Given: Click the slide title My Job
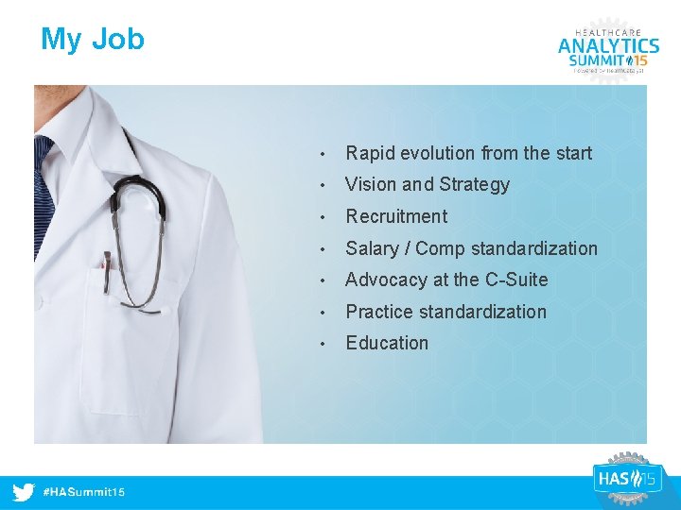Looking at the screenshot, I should [93, 40].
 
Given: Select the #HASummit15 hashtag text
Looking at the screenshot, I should [84, 493].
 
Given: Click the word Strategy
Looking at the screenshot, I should [473, 185].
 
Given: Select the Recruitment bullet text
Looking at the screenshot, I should [396, 216].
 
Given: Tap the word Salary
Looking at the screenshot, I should [372, 248].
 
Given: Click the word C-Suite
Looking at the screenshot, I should [516, 280].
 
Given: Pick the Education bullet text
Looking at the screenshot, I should [387, 343].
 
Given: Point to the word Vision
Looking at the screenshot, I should [369, 184].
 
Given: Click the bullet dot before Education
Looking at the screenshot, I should [323, 344].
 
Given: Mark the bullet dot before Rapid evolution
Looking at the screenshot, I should [323, 154].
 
